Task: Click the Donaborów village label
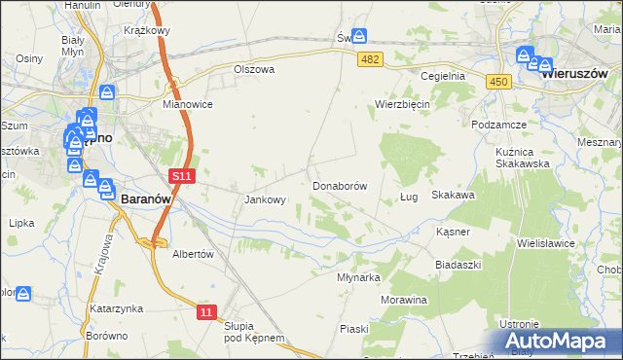(339, 185)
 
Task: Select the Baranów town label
(147, 198)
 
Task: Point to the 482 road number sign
(370, 60)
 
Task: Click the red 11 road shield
(206, 311)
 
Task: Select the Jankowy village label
(265, 200)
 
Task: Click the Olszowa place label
(255, 70)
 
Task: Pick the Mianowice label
(188, 104)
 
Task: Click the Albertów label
(192, 253)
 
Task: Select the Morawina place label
(404, 300)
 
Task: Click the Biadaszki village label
(458, 265)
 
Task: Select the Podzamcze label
(498, 126)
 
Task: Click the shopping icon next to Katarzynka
(23, 293)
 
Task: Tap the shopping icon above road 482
(360, 36)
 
